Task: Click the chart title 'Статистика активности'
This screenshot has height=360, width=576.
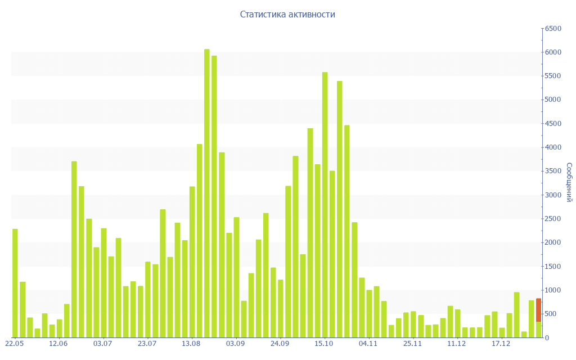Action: [x=287, y=15]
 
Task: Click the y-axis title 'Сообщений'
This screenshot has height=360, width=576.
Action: [x=569, y=182]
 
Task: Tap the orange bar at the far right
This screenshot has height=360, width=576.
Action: [x=538, y=309]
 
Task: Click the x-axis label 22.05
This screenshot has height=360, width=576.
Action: [x=14, y=344]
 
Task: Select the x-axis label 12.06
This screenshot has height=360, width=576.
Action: [x=58, y=344]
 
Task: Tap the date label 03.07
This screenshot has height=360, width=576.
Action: [x=103, y=344]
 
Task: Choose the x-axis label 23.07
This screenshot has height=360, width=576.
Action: [x=147, y=344]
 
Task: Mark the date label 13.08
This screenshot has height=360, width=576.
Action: [x=191, y=344]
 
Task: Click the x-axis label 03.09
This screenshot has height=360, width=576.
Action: [x=235, y=344]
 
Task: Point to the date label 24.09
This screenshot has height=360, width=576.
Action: [x=280, y=344]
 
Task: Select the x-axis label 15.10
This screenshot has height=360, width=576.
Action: [x=324, y=344]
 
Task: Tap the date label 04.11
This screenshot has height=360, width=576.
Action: [x=368, y=344]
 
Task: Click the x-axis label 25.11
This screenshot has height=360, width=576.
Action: [x=412, y=344]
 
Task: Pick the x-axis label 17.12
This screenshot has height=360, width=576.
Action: [x=501, y=344]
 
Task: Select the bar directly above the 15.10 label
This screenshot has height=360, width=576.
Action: [x=325, y=205]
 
